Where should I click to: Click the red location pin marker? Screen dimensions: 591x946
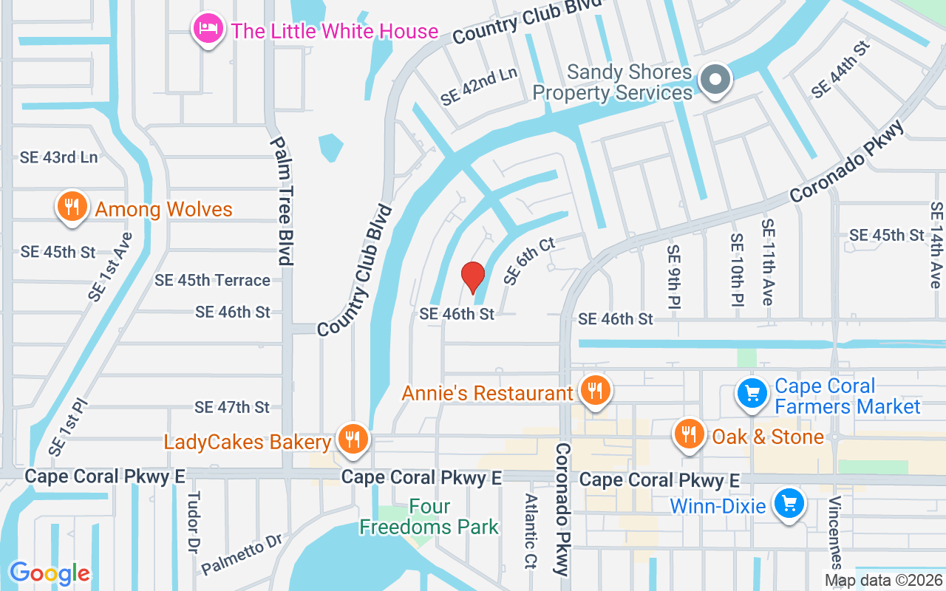tap(473, 277)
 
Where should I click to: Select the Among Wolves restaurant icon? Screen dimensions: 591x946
tap(72, 208)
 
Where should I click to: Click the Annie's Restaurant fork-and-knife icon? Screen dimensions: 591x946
tap(593, 391)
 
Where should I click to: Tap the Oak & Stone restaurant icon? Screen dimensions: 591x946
tap(689, 434)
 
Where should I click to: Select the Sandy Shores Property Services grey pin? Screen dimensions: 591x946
tap(715, 80)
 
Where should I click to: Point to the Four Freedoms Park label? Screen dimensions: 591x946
tap(429, 517)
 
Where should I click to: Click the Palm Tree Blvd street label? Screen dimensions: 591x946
tap(282, 200)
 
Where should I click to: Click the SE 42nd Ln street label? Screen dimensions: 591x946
tap(479, 86)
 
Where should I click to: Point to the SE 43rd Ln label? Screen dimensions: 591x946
tap(59, 157)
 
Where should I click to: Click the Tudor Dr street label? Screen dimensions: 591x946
tap(194, 524)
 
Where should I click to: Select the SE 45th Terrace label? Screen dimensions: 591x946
tap(212, 280)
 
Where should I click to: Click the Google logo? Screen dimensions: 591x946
tap(50, 573)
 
